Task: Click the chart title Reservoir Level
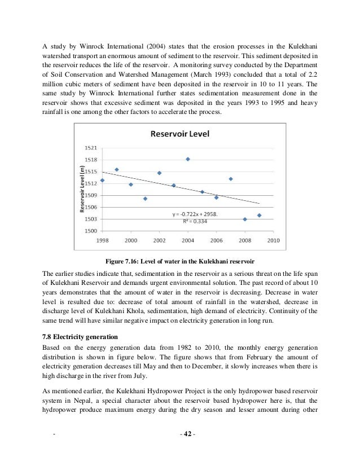(x=175, y=134)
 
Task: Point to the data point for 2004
(x=188, y=159)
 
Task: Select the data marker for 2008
(x=245, y=219)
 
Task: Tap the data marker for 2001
(x=145, y=199)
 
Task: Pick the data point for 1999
(x=117, y=169)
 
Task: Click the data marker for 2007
(x=231, y=179)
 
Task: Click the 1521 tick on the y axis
(x=90, y=147)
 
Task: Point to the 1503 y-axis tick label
(x=90, y=219)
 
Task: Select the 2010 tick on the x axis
(x=273, y=240)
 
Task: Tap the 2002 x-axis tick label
(x=159, y=240)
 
